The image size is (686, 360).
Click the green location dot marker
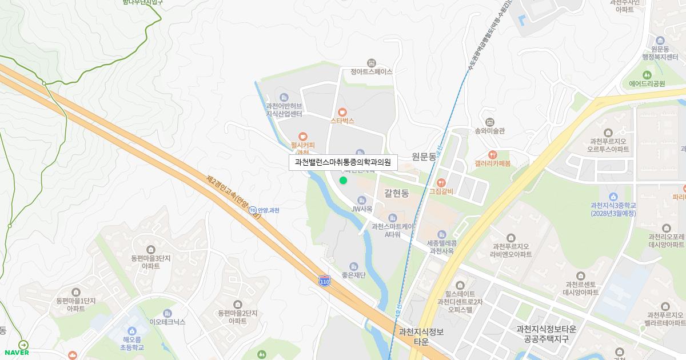click(343, 181)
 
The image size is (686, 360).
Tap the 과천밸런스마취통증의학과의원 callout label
click(342, 163)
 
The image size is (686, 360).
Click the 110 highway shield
click(324, 281)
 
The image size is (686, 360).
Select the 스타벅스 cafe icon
click(342, 111)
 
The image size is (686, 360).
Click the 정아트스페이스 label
click(372, 72)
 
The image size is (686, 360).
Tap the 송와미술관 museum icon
click(489, 122)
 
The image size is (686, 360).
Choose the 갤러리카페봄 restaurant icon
click(492, 154)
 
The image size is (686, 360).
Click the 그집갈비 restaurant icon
click(441, 182)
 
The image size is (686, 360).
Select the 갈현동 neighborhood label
click(397, 194)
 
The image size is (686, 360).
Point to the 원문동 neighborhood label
click(424, 156)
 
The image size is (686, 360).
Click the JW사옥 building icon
click(361, 200)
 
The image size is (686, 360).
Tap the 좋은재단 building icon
click(353, 266)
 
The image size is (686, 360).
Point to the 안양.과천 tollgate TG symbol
click(253, 210)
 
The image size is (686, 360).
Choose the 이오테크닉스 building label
click(167, 322)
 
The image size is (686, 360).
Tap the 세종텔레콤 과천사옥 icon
click(441, 234)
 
